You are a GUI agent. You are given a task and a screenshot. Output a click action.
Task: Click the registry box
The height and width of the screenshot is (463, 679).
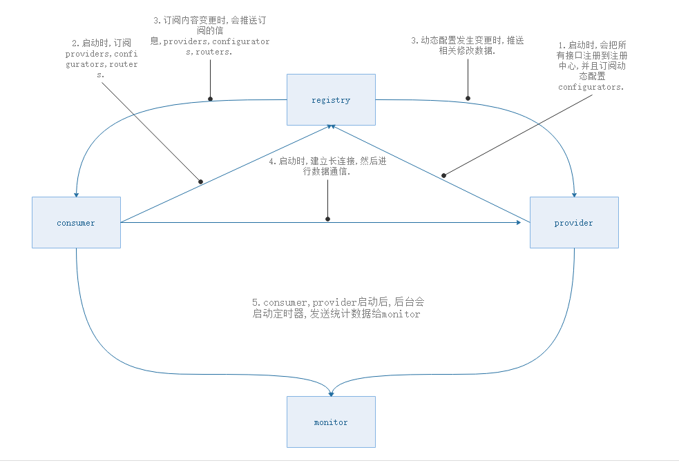(331, 99)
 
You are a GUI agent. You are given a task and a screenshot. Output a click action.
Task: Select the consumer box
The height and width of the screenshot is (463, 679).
(76, 222)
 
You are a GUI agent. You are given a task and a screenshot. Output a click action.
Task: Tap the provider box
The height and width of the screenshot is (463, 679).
(573, 222)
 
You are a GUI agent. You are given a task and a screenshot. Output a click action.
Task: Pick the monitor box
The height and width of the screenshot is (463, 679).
(331, 422)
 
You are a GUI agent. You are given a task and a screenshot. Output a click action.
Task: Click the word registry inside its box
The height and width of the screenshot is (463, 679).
(331, 100)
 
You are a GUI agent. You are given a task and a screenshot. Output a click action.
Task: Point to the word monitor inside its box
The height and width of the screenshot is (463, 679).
(331, 422)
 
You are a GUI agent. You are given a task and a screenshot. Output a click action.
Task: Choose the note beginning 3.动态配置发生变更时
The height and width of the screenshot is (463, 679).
(468, 46)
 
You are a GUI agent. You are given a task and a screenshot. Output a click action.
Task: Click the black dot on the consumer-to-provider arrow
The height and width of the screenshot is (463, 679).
(327, 219)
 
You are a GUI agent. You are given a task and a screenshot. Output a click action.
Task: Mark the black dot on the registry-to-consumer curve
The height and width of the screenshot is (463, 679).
(210, 99)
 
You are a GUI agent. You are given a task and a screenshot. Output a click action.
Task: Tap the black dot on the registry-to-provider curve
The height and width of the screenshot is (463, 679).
(468, 99)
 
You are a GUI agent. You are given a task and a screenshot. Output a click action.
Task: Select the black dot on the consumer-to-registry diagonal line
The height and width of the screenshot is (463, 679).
(201, 181)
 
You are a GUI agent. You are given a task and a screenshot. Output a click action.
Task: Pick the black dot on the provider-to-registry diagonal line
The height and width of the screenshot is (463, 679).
(445, 175)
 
